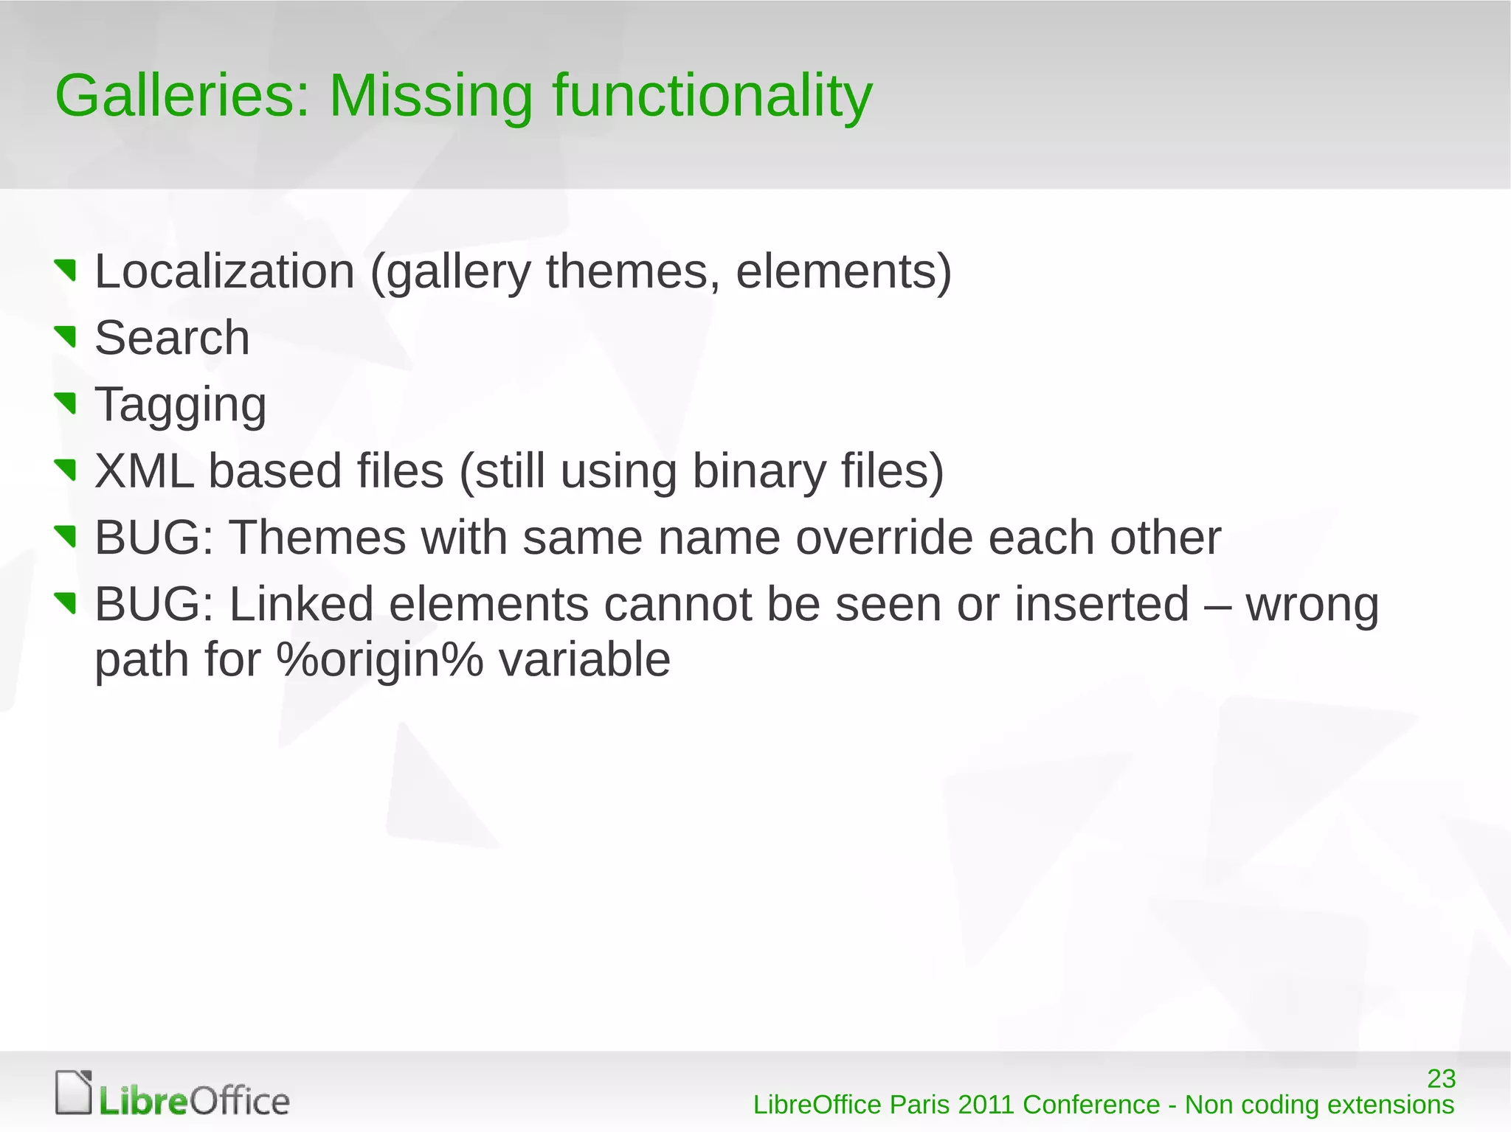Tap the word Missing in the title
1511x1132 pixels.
(x=430, y=96)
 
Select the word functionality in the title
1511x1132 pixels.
(x=712, y=97)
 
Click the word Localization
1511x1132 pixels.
(x=225, y=271)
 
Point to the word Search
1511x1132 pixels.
(x=172, y=338)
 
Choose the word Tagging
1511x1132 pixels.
(x=181, y=406)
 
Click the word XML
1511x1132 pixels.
(x=145, y=471)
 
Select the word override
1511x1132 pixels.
(x=884, y=538)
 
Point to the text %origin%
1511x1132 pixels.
(x=380, y=659)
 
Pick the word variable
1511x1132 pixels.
(x=584, y=659)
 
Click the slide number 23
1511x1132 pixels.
(x=1441, y=1079)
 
